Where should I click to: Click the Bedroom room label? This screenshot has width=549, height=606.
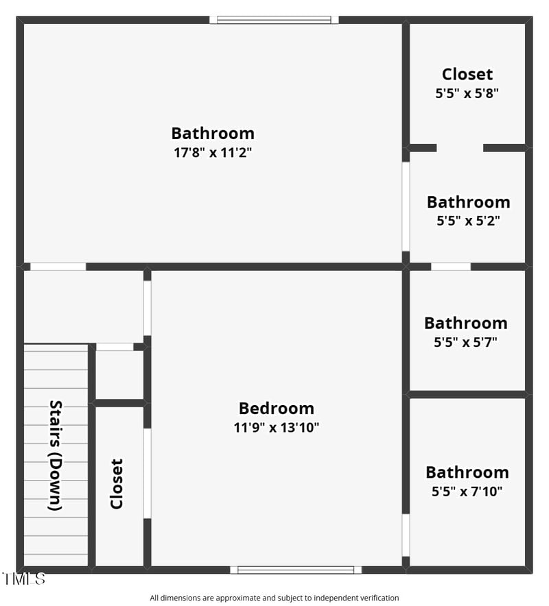(x=277, y=409)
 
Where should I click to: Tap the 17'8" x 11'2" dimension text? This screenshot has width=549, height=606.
(x=213, y=152)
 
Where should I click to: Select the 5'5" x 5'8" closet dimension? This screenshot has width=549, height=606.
(x=467, y=93)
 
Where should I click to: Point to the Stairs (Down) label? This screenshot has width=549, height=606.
(x=56, y=455)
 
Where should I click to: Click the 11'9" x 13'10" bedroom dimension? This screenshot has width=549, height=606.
(x=277, y=428)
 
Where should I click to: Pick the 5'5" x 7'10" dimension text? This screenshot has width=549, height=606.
(x=467, y=491)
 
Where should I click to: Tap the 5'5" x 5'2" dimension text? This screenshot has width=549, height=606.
(x=468, y=221)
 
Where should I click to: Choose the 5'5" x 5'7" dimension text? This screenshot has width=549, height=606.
(x=466, y=341)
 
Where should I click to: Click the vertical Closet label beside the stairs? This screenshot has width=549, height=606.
(x=117, y=484)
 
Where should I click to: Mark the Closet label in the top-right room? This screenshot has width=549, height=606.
(x=467, y=74)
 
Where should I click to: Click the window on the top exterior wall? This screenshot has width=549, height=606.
(x=274, y=20)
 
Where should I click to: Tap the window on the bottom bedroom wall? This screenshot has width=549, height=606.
(x=296, y=569)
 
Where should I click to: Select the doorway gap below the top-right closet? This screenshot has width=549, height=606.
(x=460, y=147)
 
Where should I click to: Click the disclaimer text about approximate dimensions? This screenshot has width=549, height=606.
(x=274, y=598)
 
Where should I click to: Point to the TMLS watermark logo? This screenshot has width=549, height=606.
(x=23, y=579)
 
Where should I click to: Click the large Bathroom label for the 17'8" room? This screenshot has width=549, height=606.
(x=213, y=133)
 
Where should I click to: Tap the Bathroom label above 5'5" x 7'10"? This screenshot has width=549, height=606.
(x=467, y=472)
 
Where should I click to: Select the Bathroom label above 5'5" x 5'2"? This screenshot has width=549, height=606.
(x=468, y=202)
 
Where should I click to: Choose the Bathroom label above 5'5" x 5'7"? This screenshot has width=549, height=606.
(x=466, y=323)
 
